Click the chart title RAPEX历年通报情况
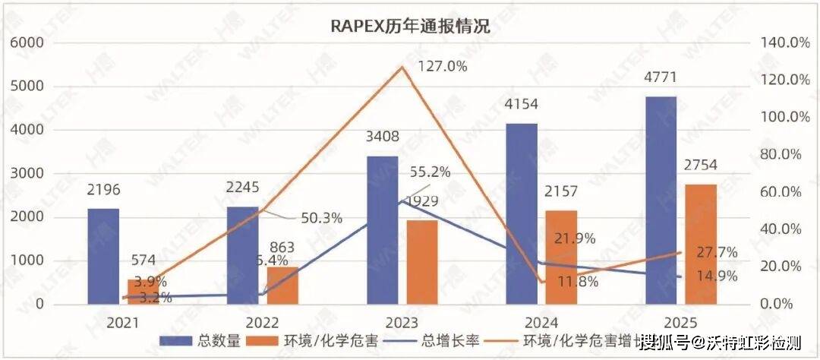410,27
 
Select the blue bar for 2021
103,257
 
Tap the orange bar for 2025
701,244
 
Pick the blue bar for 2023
382,230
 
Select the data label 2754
700,166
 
